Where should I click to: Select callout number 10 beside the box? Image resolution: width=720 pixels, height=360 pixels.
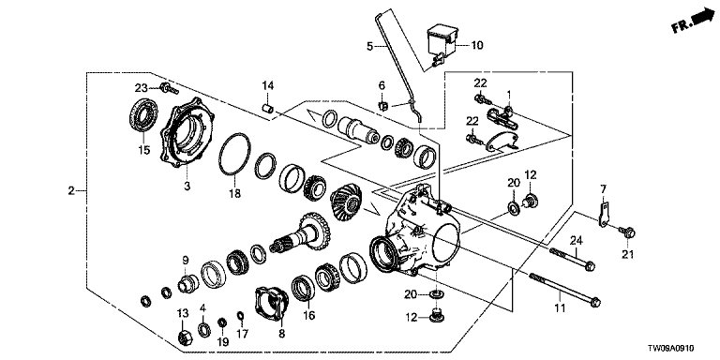pyautogui.click(x=476, y=45)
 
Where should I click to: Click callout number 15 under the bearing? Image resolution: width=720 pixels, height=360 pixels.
pyautogui.click(x=144, y=150)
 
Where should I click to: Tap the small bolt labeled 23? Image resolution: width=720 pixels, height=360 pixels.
pyautogui.click(x=169, y=88)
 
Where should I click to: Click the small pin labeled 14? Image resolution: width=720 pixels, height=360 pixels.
pyautogui.click(x=267, y=110)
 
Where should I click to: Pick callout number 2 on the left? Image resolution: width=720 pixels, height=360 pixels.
pyautogui.click(x=71, y=190)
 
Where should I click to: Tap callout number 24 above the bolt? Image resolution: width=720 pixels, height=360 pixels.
pyautogui.click(x=577, y=240)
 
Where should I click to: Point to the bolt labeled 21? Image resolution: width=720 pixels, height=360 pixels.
pyautogui.click(x=627, y=232)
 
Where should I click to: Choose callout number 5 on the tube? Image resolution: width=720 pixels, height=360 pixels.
pyautogui.click(x=370, y=46)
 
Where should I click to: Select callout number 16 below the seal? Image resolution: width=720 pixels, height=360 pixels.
pyautogui.click(x=308, y=315)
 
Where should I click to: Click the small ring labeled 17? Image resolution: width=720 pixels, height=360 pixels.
pyautogui.click(x=240, y=315)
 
